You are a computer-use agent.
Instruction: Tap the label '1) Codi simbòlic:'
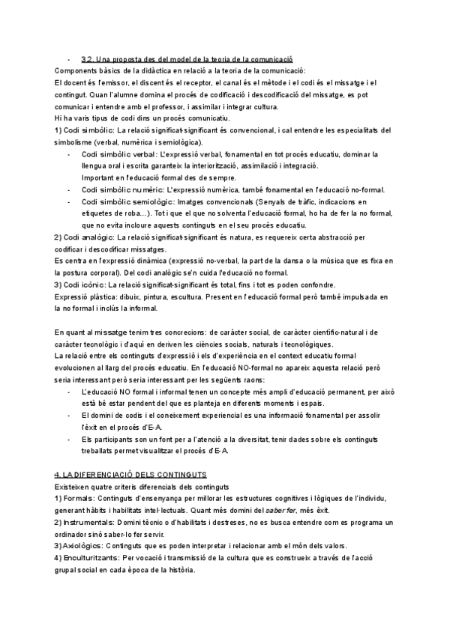[85, 130]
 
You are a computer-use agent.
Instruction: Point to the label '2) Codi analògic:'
[85, 237]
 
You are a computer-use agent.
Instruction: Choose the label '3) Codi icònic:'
[79, 285]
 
